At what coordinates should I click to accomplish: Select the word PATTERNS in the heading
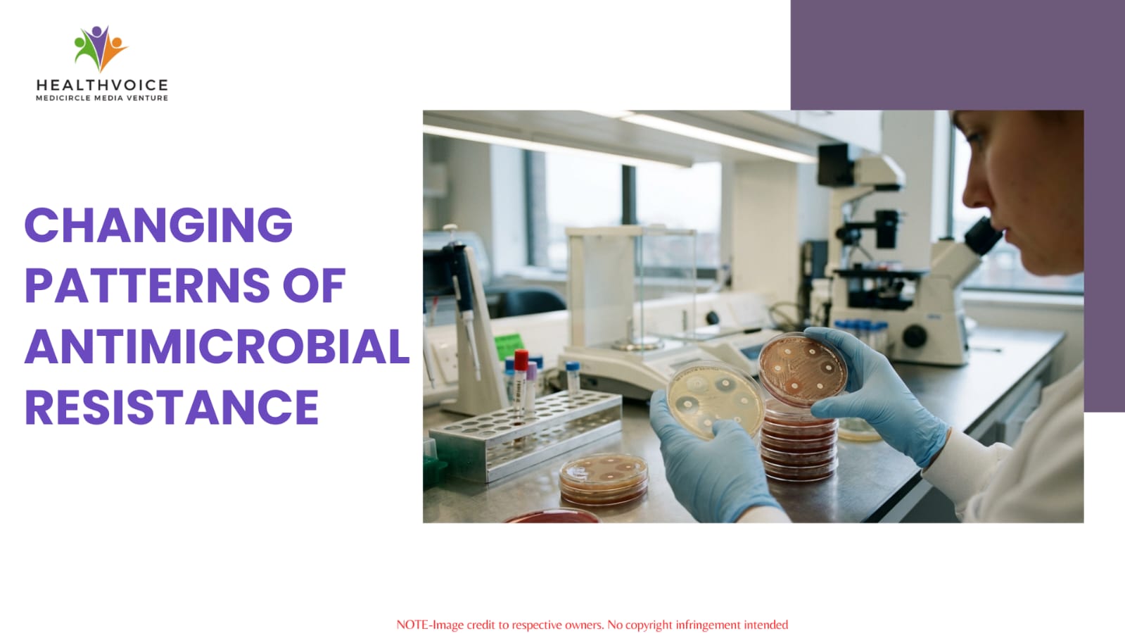pyautogui.click(x=147, y=285)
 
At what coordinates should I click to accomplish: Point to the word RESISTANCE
pyautogui.click(x=172, y=407)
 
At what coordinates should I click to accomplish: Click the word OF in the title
pyautogui.click(x=314, y=285)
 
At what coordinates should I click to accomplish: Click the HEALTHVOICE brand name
pyautogui.click(x=102, y=85)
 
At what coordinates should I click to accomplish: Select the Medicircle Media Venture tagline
pyautogui.click(x=102, y=98)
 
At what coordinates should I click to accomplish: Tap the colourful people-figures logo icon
pyautogui.click(x=101, y=49)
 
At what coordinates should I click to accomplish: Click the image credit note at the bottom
pyautogui.click(x=592, y=625)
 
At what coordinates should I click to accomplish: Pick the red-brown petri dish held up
pyautogui.click(x=803, y=370)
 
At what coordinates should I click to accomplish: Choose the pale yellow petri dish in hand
pyautogui.click(x=716, y=400)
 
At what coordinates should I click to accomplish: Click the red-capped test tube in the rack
pyautogui.click(x=521, y=382)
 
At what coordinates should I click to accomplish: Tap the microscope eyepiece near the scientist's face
pyautogui.click(x=984, y=237)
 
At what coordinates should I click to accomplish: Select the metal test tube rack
pyautogui.click(x=526, y=435)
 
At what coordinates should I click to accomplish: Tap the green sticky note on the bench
pyautogui.click(x=509, y=346)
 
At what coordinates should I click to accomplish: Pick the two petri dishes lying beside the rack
pyautogui.click(x=603, y=478)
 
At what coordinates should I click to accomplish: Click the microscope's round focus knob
pyautogui.click(x=914, y=337)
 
